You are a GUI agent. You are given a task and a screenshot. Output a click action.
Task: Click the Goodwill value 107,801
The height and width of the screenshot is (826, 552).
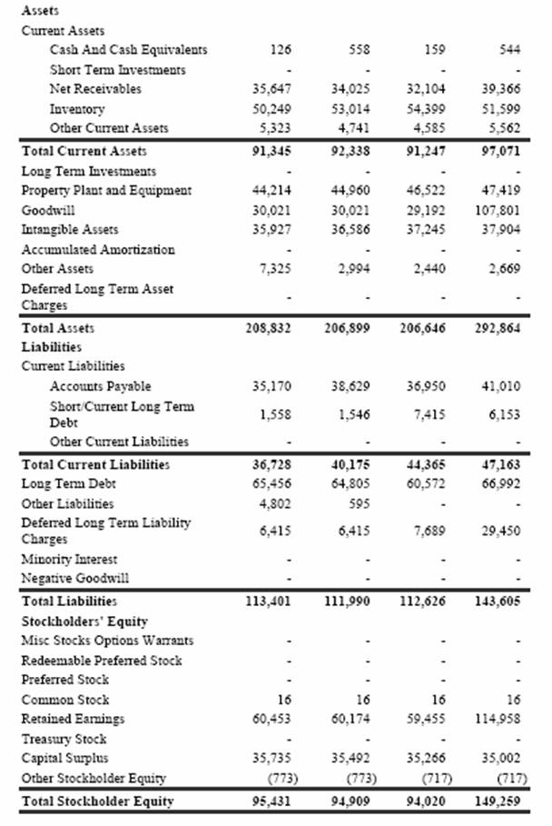[x=501, y=210]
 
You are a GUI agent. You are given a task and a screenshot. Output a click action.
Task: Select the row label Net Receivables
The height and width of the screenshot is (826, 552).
[x=94, y=89]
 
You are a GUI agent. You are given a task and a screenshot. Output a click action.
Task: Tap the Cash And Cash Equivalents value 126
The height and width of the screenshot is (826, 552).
[x=281, y=49]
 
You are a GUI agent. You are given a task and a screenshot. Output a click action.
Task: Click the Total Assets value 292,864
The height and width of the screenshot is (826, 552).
[x=498, y=328]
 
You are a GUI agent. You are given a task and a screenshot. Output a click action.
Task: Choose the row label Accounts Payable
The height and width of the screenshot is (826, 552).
[x=100, y=386]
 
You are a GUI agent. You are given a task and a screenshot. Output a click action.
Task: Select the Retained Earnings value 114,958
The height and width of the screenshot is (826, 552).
[x=498, y=720]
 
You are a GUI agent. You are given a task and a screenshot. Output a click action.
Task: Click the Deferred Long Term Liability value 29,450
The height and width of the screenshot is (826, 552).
[x=501, y=532]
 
